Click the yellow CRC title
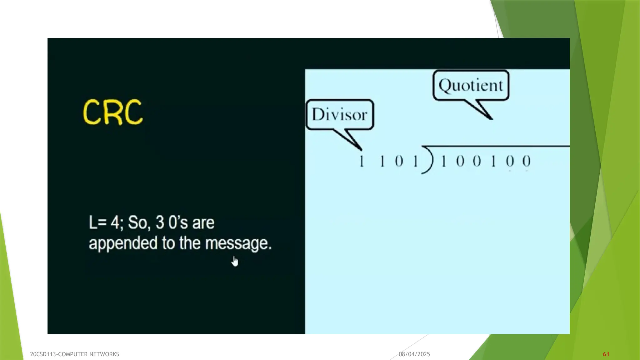(113, 112)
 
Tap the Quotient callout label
(471, 85)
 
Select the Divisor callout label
(339, 115)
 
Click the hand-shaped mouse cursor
(235, 262)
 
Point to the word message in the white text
(238, 243)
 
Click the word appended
(123, 243)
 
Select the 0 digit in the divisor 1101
(399, 162)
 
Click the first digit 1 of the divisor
(362, 162)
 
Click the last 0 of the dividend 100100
(527, 162)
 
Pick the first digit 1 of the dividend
(443, 162)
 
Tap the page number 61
(606, 354)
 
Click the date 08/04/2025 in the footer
(414, 354)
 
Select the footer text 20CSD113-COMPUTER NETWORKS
(74, 354)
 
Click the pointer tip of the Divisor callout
(361, 150)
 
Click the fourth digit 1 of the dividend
(493, 162)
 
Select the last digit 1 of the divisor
(415, 162)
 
